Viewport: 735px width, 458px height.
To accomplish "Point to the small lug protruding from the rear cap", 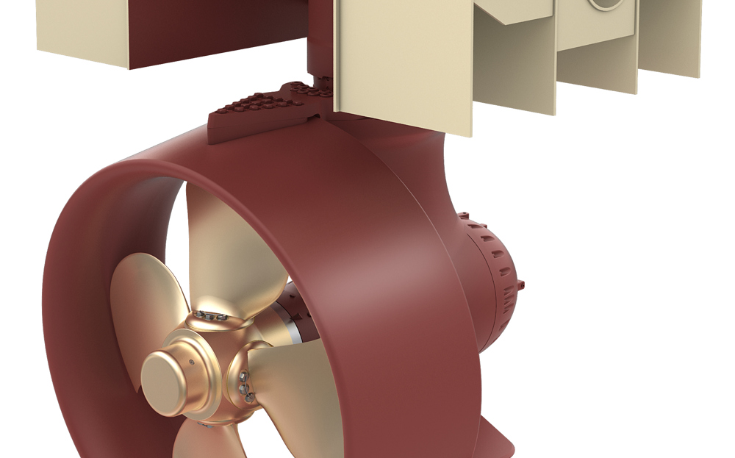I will [523, 283].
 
